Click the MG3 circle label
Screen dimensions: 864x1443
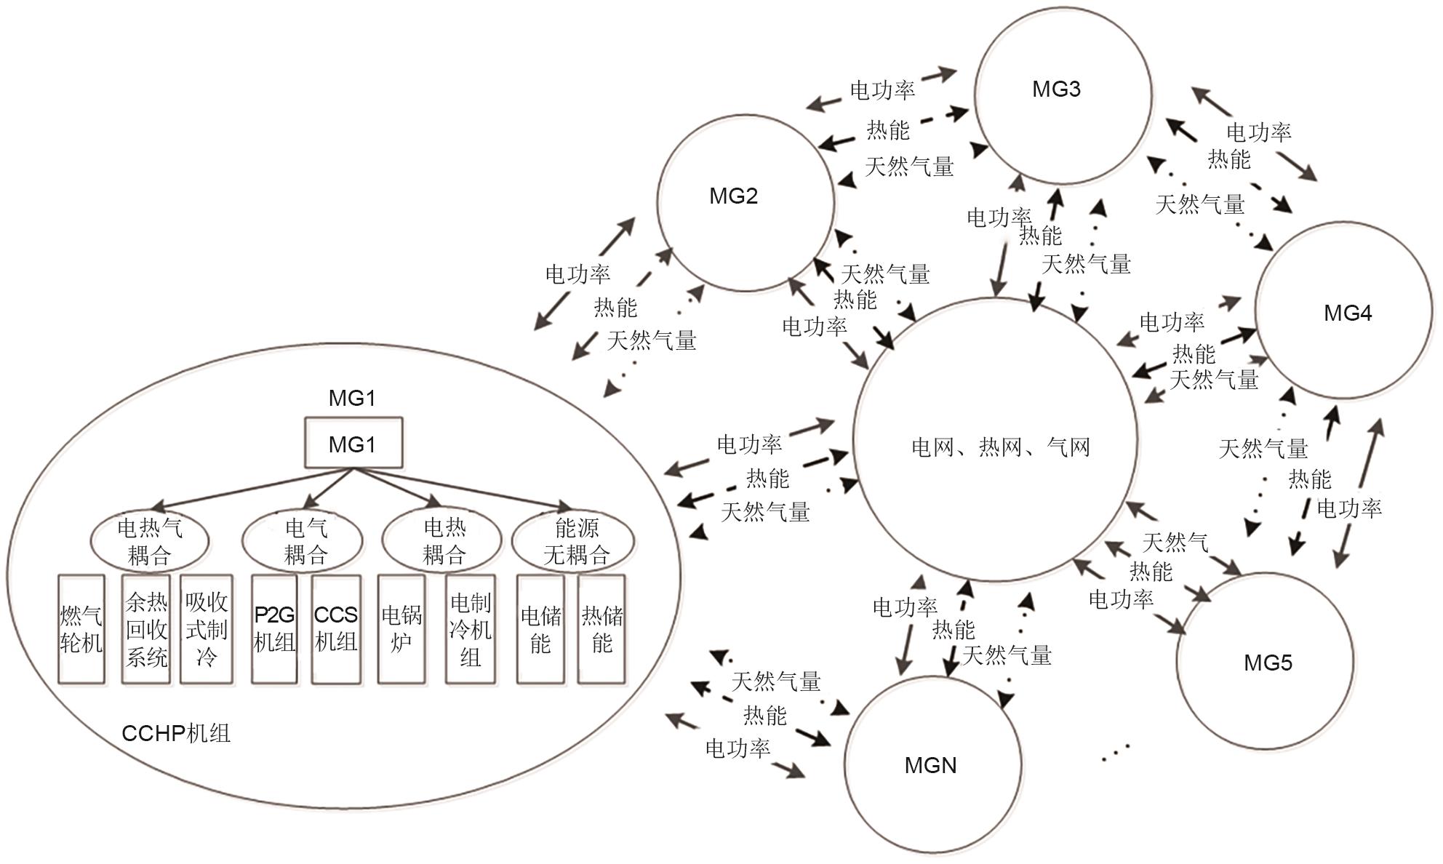point(1056,89)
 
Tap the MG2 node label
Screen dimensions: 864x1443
point(733,196)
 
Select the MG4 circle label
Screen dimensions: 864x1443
point(1348,313)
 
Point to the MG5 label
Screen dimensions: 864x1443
point(1268,663)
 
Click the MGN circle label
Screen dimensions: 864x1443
point(930,765)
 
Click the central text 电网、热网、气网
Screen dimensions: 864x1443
point(1001,447)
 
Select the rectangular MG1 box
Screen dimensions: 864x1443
point(353,443)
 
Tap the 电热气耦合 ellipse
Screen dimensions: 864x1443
point(150,541)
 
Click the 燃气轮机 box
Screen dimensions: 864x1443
point(81,629)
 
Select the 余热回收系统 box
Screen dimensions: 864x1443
point(146,629)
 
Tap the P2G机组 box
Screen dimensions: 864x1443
point(274,629)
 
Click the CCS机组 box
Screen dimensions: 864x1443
point(335,629)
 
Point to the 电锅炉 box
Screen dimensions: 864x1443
point(401,629)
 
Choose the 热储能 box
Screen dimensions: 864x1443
point(601,629)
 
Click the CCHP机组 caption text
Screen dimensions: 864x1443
point(176,732)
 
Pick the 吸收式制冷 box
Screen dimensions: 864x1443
point(207,629)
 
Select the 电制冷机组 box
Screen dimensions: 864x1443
point(471,629)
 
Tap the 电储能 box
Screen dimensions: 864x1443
point(540,629)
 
